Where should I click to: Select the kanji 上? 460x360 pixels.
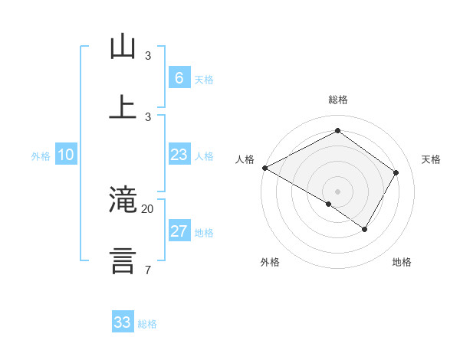(123, 106)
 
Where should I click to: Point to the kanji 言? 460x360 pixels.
(123, 260)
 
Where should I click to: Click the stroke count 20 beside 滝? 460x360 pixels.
(148, 208)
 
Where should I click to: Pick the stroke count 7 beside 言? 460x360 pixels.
(147, 270)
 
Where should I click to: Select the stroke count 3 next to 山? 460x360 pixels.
(148, 56)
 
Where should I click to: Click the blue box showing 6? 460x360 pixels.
(179, 77)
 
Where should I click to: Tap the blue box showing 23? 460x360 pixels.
(179, 155)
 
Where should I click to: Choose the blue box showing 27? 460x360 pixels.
(179, 232)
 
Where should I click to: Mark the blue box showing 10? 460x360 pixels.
(66, 155)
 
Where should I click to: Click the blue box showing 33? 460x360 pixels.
(123, 322)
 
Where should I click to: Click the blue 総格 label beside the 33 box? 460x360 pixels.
(147, 324)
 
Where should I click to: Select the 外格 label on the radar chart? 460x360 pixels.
(270, 262)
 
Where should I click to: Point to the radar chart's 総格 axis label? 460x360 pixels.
(337, 100)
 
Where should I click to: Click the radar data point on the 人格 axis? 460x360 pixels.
(264, 168)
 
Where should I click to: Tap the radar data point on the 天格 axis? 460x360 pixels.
(396, 172)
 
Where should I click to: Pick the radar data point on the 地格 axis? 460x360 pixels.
(365, 229)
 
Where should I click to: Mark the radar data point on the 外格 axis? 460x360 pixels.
(329, 204)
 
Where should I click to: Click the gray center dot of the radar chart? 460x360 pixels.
(337, 191)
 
